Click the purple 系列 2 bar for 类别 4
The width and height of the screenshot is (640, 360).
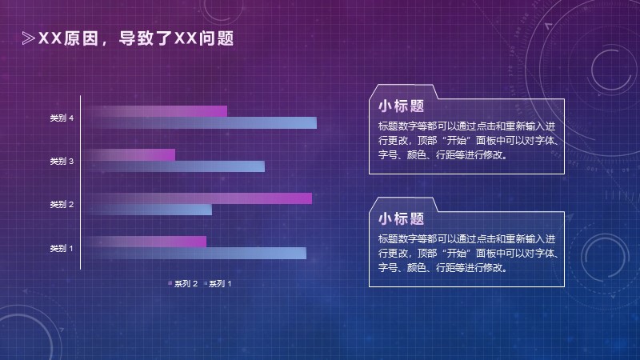click(155, 111)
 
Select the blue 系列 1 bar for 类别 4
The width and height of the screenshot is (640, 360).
click(201, 123)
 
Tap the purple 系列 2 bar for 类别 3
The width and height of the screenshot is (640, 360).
click(130, 154)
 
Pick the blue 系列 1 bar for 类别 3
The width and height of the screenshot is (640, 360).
click(174, 166)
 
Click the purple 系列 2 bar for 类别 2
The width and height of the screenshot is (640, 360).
click(198, 198)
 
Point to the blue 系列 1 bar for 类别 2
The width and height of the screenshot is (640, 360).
click(148, 210)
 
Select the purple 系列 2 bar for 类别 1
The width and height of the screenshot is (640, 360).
click(146, 242)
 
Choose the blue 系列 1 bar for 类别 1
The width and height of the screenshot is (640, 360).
click(195, 253)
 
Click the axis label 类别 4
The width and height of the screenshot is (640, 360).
click(62, 118)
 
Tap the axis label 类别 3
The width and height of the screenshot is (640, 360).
click(62, 162)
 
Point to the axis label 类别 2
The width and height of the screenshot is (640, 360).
click(62, 204)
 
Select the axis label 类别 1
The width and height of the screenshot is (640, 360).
click(62, 248)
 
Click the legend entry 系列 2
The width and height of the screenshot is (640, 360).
click(183, 283)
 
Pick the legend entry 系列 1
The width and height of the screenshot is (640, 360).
click(218, 283)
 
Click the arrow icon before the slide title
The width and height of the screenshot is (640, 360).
click(28, 38)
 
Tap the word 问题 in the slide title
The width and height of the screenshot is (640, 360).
click(217, 38)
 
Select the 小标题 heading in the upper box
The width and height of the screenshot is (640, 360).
click(402, 106)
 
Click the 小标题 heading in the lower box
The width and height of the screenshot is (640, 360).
click(402, 218)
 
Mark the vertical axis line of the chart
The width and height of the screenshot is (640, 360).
click(81, 182)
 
